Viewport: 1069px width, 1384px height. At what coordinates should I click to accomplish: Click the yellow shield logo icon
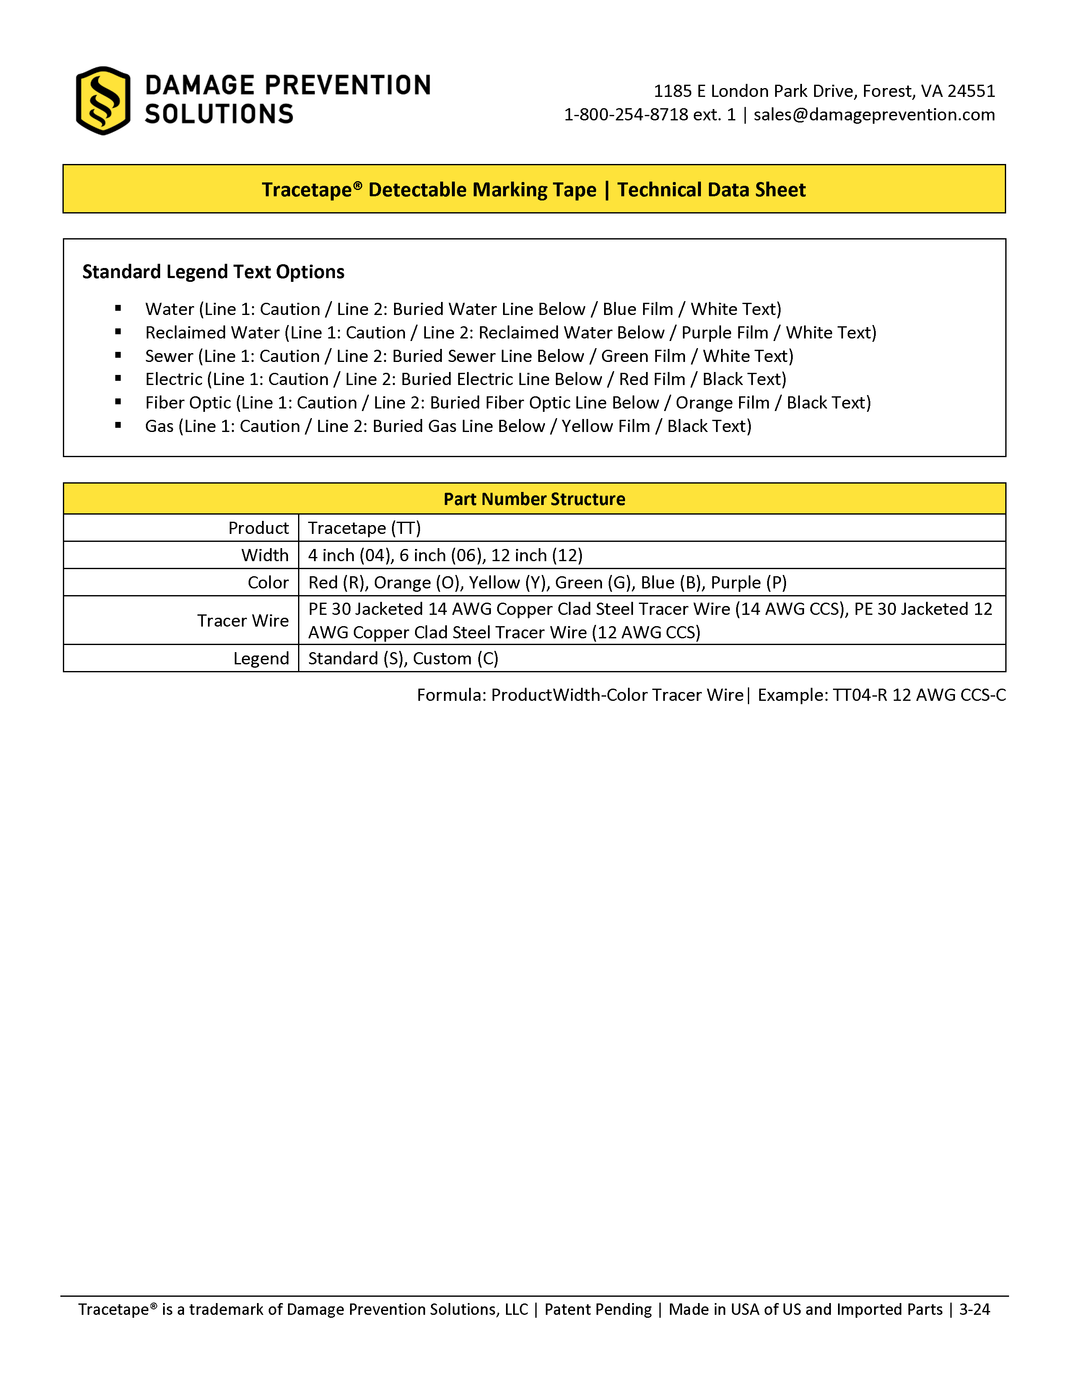pos(103,101)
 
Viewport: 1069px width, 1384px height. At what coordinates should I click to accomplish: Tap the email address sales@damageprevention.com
pos(874,114)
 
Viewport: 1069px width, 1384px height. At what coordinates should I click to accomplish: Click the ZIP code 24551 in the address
pos(971,91)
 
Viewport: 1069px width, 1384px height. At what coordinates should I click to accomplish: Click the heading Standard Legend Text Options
pos(213,272)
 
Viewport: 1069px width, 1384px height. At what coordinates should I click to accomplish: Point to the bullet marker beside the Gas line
pos(118,426)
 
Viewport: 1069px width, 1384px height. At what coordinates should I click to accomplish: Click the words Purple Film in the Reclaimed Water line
pos(724,333)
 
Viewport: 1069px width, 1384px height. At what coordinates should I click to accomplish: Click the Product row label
pos(258,528)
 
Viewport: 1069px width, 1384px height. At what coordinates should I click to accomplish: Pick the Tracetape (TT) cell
pos(364,528)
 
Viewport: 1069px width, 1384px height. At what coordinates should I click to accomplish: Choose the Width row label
pos(265,555)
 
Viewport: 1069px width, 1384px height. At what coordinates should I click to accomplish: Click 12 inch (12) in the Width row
pos(537,555)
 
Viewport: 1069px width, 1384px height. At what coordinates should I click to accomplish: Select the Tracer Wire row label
pos(243,620)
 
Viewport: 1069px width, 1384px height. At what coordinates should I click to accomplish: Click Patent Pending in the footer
pos(598,1309)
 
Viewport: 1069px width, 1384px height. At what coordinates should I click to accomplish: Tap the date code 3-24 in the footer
pos(974,1309)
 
